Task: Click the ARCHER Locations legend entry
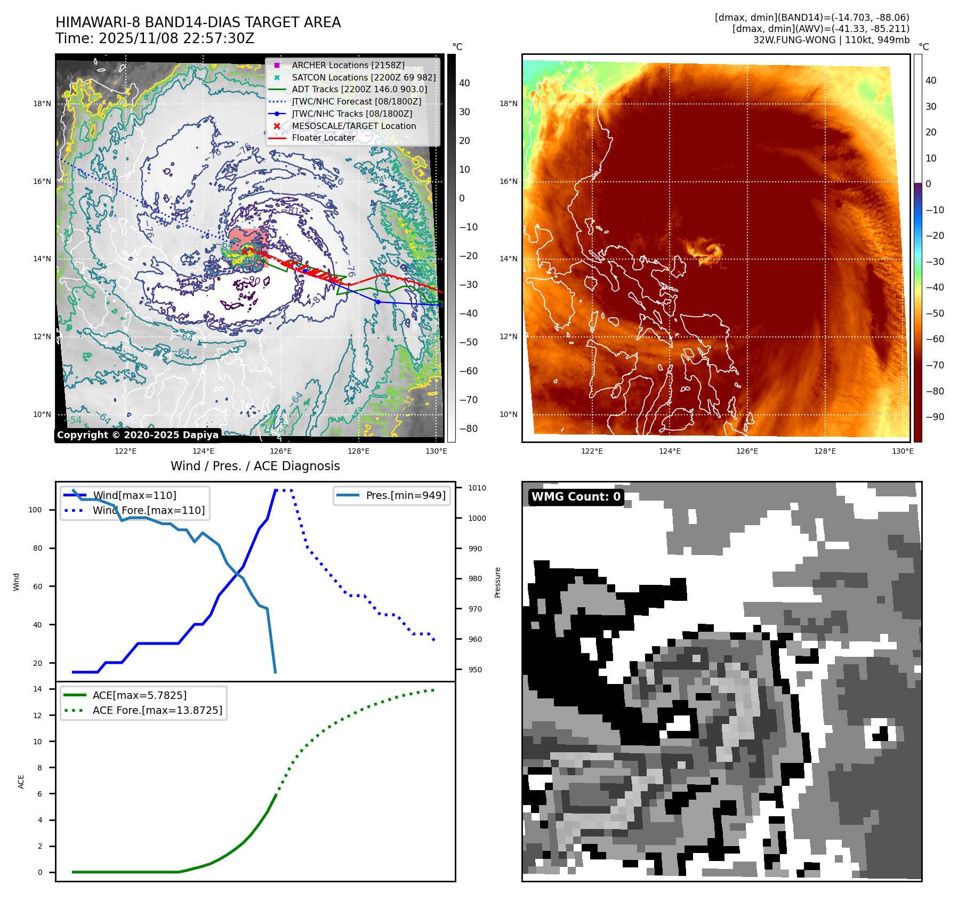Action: click(348, 65)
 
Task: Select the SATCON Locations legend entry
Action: click(364, 77)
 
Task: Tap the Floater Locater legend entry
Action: click(323, 138)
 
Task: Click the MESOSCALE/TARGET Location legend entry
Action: click(353, 126)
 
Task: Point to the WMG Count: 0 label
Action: click(576, 497)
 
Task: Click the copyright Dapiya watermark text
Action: click(138, 435)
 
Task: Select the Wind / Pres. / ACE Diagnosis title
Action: click(255, 466)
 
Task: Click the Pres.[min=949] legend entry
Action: click(405, 495)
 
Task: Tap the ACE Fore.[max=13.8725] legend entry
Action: click(157, 710)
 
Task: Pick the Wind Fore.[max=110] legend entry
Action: click(148, 510)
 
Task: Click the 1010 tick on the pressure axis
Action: click(477, 488)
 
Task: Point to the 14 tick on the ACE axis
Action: click(37, 689)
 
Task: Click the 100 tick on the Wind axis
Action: click(35, 510)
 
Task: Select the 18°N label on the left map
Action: click(42, 103)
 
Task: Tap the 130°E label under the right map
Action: click(903, 451)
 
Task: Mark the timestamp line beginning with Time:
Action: click(155, 38)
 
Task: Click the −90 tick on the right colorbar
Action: click(935, 417)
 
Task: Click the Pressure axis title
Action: click(497, 582)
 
